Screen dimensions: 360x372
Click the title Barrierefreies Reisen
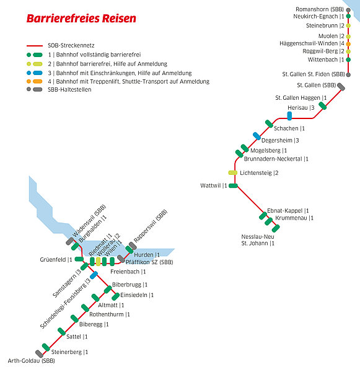[x=81, y=19]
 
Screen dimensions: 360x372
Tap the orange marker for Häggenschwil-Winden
[x=348, y=44]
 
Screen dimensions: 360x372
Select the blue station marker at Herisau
[x=289, y=116]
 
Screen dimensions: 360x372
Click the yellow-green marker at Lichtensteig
[x=232, y=173]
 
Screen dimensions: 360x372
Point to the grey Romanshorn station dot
[x=348, y=10]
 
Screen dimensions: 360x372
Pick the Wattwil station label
[x=214, y=185]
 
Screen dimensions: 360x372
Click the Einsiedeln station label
[x=137, y=295]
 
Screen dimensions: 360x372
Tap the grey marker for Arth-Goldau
[x=40, y=354]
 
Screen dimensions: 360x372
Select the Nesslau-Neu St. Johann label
[x=258, y=240]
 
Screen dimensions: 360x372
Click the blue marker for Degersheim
[x=257, y=136]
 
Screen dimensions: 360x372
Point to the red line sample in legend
[x=35, y=45]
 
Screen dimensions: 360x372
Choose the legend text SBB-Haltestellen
[x=69, y=90]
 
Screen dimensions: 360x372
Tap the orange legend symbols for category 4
[x=35, y=81]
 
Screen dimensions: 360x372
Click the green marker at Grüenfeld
[x=79, y=259]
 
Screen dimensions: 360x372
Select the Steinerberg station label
[x=69, y=352]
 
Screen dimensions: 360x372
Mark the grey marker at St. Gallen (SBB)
[x=341, y=87]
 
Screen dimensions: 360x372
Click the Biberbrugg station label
[x=130, y=285]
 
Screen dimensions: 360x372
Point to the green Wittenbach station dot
[x=348, y=60]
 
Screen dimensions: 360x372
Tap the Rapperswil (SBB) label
[x=151, y=226]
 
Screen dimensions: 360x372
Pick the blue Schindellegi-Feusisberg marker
[x=94, y=275]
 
